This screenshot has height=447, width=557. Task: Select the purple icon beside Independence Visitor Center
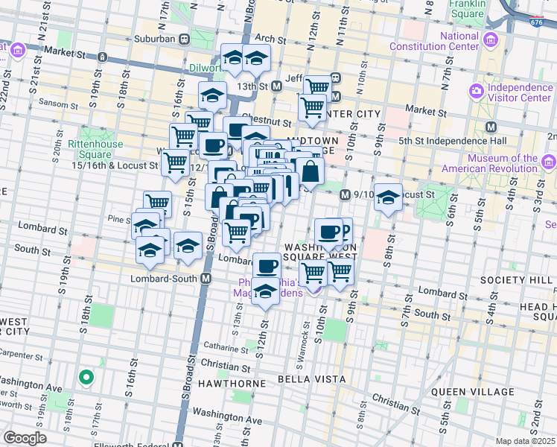pyautogui.click(x=477, y=92)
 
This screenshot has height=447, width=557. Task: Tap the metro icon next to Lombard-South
pyautogui.click(x=207, y=278)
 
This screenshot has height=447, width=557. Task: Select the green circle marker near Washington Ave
pyautogui.click(x=86, y=378)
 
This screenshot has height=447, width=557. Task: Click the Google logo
pyautogui.click(x=25, y=438)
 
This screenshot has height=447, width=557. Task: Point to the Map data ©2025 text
pyautogui.click(x=526, y=441)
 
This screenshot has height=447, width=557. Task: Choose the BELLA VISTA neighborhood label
pyautogui.click(x=311, y=379)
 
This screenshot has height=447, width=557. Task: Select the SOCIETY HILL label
pyautogui.click(x=515, y=279)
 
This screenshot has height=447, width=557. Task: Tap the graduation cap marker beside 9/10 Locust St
pyautogui.click(x=388, y=197)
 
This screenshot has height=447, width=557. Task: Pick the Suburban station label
pyautogui.click(x=155, y=38)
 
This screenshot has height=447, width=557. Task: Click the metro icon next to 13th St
pyautogui.click(x=277, y=86)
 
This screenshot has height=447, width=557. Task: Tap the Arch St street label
pyautogui.click(x=265, y=38)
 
